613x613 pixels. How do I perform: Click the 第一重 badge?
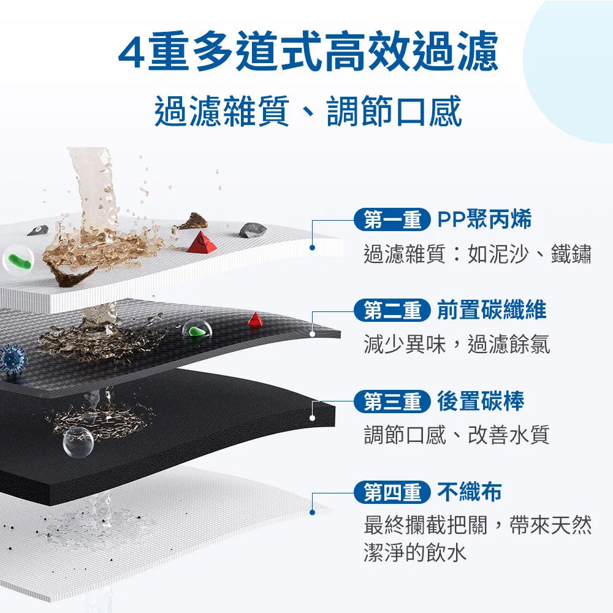[x=392, y=219]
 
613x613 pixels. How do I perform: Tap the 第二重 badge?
[x=392, y=310]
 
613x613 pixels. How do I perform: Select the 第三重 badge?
[x=392, y=401]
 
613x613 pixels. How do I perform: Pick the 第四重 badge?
[x=392, y=492]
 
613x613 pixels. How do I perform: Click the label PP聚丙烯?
[x=484, y=219]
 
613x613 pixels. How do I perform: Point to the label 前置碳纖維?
[x=492, y=310]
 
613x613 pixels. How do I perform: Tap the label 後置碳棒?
[x=481, y=401]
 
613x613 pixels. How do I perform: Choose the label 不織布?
[x=469, y=492]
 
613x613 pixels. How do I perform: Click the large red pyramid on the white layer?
[x=201, y=242]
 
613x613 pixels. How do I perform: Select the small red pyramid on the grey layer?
[x=255, y=319]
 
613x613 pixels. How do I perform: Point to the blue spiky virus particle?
[x=13, y=359]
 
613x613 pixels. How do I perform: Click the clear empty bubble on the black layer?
[x=78, y=442]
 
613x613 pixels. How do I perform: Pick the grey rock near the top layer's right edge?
[x=253, y=229]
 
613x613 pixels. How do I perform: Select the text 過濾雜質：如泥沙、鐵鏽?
[x=478, y=254]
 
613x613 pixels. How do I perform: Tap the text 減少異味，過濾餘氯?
[x=457, y=345]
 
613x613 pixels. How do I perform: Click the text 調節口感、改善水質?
[x=457, y=435]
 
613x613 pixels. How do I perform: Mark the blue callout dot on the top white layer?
[x=312, y=248]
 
